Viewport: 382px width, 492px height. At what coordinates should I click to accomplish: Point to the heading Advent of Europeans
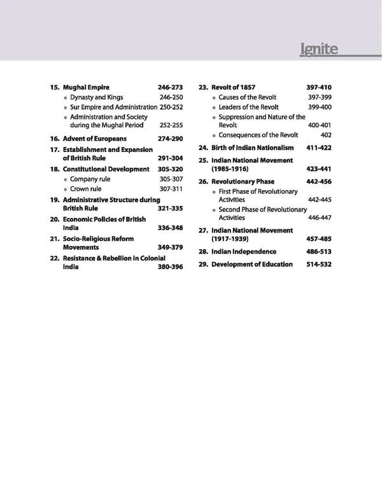click(94, 138)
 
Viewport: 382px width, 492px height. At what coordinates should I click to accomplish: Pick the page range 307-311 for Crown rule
click(171, 189)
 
